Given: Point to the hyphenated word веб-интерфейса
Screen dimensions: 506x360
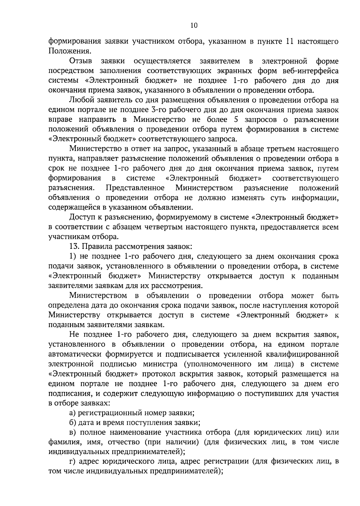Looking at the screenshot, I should tap(310, 71).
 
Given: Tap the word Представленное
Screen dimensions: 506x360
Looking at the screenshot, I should tap(135, 188).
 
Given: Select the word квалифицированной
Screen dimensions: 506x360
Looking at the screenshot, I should tap(302, 354).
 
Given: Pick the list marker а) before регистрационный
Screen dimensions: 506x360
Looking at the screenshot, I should tap(72, 413).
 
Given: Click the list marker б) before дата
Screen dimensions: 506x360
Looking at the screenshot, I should tap(73, 423).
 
